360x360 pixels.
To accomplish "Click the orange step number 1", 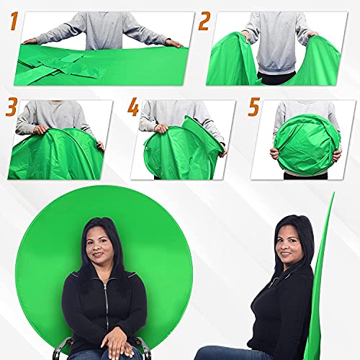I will coord(12,24).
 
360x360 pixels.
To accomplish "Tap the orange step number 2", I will coord(204,22).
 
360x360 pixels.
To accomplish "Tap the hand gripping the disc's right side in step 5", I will coord(336,154).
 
